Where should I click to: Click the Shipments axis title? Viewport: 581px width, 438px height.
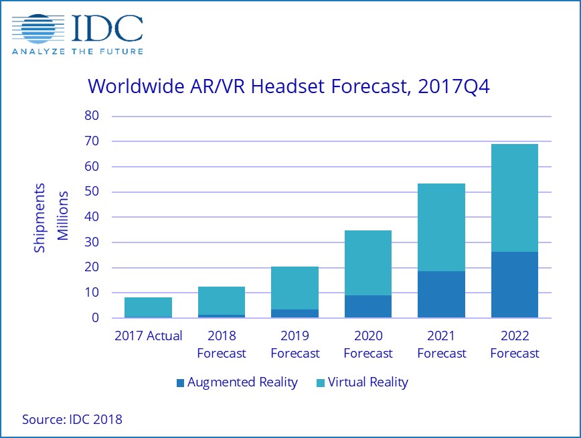(x=40, y=217)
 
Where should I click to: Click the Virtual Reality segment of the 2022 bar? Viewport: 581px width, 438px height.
(x=514, y=198)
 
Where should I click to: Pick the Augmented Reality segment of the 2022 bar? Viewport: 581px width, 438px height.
(x=514, y=285)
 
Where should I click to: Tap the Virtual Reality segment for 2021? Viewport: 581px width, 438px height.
(x=441, y=227)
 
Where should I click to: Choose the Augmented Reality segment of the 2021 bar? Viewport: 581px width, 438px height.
(x=441, y=295)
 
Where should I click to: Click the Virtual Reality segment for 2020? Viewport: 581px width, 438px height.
(x=368, y=263)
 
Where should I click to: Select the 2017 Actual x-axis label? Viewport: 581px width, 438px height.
(x=148, y=336)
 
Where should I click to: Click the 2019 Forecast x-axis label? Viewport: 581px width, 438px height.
(x=295, y=344)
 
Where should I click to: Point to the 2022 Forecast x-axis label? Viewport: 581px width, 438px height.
(x=514, y=344)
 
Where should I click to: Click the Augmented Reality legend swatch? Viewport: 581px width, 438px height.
(x=179, y=383)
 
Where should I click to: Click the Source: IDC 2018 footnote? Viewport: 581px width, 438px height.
(x=72, y=420)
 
